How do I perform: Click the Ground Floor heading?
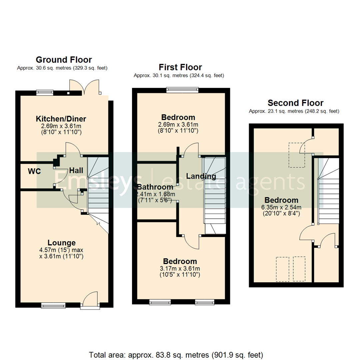click(x=64, y=60)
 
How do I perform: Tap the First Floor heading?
click(x=180, y=67)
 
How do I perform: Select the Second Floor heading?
click(x=295, y=103)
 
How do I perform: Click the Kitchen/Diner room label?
click(x=61, y=119)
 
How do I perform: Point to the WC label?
click(x=34, y=172)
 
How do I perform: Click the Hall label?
click(x=76, y=171)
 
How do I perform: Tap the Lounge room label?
click(x=61, y=243)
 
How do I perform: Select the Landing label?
click(x=201, y=176)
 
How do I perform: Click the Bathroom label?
click(x=155, y=187)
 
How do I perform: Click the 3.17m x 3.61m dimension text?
click(x=180, y=268)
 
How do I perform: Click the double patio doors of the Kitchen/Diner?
click(x=84, y=87)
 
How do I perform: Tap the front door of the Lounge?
click(x=90, y=300)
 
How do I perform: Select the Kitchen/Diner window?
click(x=45, y=93)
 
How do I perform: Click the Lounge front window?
click(x=53, y=305)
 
